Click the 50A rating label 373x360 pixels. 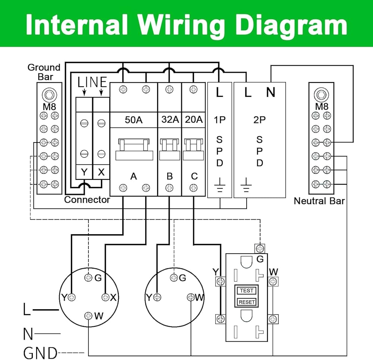134,120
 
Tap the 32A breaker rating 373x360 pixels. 170,120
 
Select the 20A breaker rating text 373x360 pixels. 194,120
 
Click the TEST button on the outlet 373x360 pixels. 247,291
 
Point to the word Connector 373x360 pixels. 87,200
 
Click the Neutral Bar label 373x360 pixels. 319,201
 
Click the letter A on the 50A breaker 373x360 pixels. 134,176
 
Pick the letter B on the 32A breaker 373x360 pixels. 170,176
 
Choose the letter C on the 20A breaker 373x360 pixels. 194,176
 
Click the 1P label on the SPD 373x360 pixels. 219,120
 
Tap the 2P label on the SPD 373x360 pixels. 260,120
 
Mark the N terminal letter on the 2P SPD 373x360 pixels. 271,92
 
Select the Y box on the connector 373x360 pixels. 84,172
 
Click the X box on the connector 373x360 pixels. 101,172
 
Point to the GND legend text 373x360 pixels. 40,353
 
